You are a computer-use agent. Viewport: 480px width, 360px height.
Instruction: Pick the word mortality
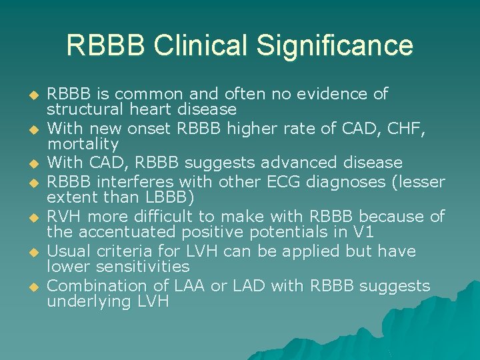pyautogui.click(x=83, y=143)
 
